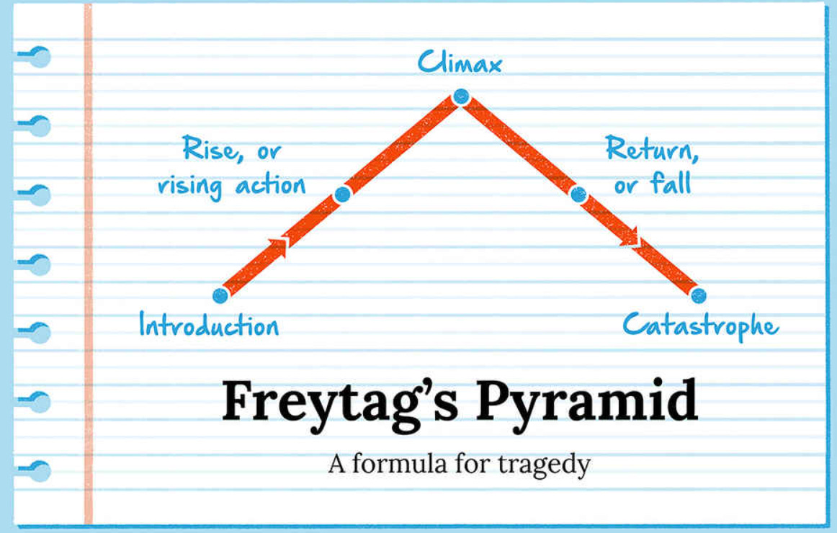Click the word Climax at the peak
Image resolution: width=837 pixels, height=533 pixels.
tap(460, 64)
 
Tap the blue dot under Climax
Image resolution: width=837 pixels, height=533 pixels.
tap(461, 96)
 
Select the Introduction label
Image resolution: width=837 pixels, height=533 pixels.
tap(209, 326)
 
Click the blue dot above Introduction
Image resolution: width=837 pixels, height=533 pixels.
tap(220, 295)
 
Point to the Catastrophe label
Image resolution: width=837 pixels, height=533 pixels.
tap(700, 326)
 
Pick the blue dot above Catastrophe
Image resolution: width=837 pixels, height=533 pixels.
tap(698, 295)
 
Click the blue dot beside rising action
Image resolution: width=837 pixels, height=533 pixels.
tap(343, 194)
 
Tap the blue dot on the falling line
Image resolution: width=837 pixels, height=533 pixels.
tap(578, 194)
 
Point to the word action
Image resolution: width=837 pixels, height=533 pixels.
tap(271, 186)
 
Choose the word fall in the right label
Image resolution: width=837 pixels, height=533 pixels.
tap(671, 184)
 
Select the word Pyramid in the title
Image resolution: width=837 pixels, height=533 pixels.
tap(586, 403)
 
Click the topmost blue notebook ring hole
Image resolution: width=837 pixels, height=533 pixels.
tap(39, 57)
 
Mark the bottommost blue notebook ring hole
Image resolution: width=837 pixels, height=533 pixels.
tap(39, 471)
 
